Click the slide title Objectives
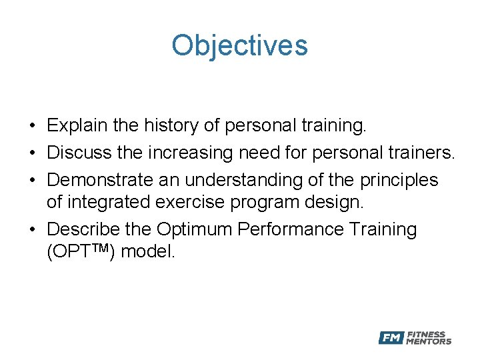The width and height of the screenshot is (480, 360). pyautogui.click(x=239, y=45)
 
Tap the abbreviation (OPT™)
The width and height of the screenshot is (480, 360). pyautogui.click(x=81, y=253)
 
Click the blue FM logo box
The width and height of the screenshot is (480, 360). pyautogui.click(x=391, y=338)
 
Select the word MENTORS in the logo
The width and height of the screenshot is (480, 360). pyautogui.click(x=429, y=341)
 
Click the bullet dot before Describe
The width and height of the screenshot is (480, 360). pyautogui.click(x=32, y=230)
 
